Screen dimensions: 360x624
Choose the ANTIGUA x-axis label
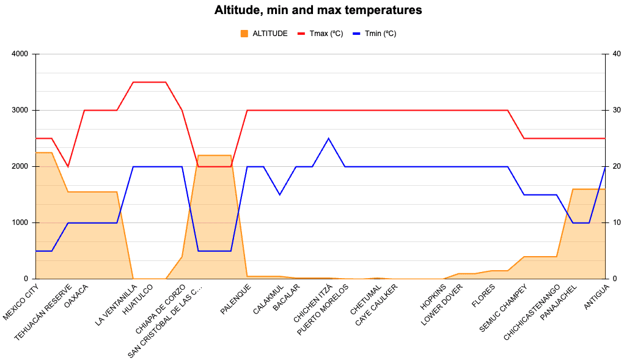click(x=595, y=296)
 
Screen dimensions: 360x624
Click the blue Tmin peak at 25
click(x=329, y=139)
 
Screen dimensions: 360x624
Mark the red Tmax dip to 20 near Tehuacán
click(x=68, y=166)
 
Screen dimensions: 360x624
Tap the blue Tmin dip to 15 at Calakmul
click(x=280, y=194)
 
